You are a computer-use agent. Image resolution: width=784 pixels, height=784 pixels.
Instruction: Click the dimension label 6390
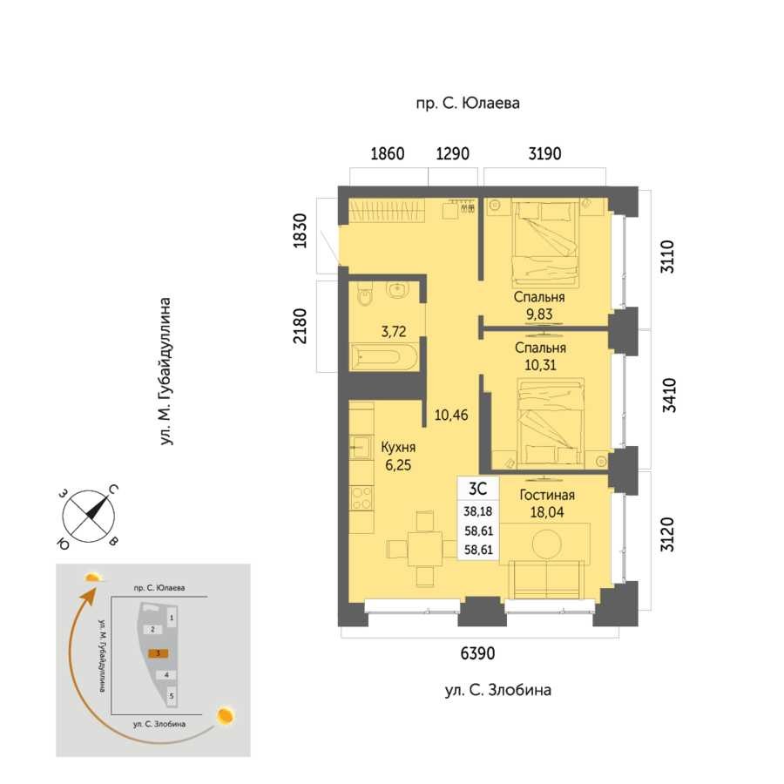pyautogui.click(x=477, y=653)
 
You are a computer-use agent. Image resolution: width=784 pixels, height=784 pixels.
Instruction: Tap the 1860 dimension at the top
pyautogui.click(x=387, y=153)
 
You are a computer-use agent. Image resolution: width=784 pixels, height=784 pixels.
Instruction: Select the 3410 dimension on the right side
pyautogui.click(x=669, y=395)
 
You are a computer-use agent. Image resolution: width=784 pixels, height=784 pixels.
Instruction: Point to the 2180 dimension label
pyautogui.click(x=300, y=326)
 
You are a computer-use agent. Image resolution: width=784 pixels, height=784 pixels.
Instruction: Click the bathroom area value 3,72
pyautogui.click(x=394, y=332)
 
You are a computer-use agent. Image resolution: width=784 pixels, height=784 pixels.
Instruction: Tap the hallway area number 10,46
pyautogui.click(x=451, y=415)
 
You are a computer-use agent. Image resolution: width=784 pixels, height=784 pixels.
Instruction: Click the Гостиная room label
pyautogui.click(x=547, y=495)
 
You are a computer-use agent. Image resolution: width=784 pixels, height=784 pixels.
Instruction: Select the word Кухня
pyautogui.click(x=398, y=447)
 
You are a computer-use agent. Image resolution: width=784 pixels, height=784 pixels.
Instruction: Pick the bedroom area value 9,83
pyautogui.click(x=539, y=314)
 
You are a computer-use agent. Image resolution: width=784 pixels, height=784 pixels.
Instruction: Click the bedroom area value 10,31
pyautogui.click(x=540, y=365)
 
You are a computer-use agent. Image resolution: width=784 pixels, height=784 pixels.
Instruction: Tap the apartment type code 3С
pyautogui.click(x=477, y=488)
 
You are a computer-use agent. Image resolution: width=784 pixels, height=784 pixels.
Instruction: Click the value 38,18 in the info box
pyautogui.click(x=478, y=511)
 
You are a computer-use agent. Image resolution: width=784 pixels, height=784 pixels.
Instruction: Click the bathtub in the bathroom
pyautogui.click(x=383, y=357)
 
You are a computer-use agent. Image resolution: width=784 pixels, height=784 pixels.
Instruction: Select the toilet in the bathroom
pyautogui.click(x=366, y=294)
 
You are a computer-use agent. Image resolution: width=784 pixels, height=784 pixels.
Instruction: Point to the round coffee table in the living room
pyautogui.click(x=547, y=544)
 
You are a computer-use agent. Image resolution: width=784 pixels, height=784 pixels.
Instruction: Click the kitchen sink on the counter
pyautogui.click(x=360, y=447)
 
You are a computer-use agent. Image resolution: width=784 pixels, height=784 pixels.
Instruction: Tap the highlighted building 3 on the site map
pyautogui.click(x=158, y=653)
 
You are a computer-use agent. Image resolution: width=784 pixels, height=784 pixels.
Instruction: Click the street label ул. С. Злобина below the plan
pyautogui.click(x=498, y=691)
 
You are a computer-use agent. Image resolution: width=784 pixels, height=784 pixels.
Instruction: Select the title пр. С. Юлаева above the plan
pyautogui.click(x=468, y=104)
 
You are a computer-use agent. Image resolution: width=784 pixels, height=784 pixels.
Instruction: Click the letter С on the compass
pyautogui.click(x=113, y=490)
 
